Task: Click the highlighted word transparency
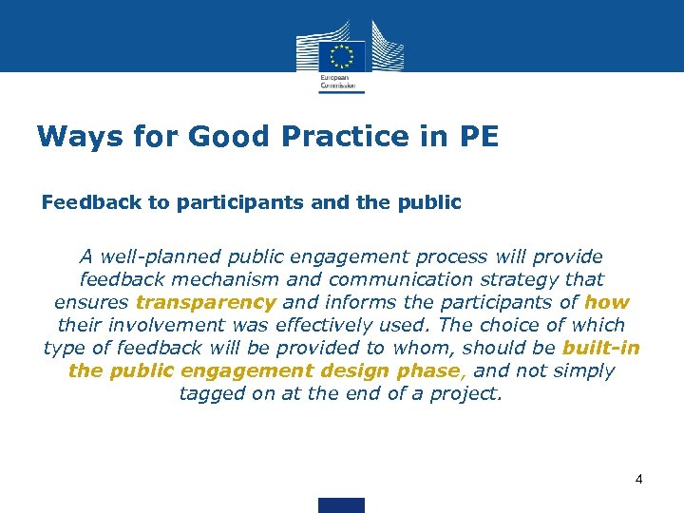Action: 206,302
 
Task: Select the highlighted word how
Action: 607,302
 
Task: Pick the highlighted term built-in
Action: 600,348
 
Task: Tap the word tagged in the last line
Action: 212,393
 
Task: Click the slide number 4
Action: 639,479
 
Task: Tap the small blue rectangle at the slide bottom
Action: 342,504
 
